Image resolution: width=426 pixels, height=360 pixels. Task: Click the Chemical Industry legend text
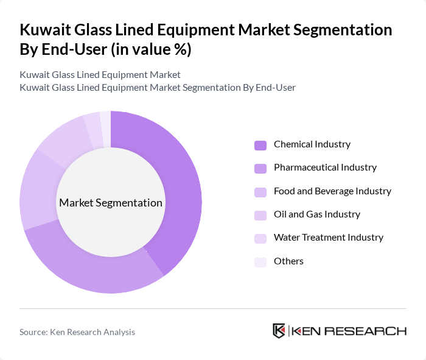tap(312, 144)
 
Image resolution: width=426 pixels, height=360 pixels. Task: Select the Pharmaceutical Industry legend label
tap(325, 168)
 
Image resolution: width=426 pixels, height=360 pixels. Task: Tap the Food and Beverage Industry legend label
tap(332, 191)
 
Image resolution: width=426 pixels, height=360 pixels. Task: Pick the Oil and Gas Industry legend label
tap(316, 214)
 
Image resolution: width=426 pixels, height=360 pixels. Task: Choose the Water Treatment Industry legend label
tap(328, 238)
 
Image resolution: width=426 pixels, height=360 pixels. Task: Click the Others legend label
tap(288, 261)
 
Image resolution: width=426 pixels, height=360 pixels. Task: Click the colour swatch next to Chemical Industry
tap(260, 145)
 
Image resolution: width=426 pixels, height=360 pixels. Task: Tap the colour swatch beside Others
tap(260, 262)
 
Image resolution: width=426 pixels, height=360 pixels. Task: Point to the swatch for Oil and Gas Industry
tap(260, 215)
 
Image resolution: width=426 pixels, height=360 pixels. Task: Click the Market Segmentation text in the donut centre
tap(111, 203)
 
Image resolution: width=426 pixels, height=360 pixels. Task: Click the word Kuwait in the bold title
tap(46, 30)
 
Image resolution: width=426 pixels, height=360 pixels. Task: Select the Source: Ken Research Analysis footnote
tap(77, 332)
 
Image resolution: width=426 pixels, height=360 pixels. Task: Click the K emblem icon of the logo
tap(279, 331)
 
